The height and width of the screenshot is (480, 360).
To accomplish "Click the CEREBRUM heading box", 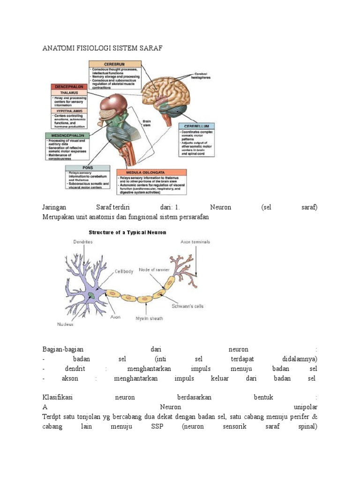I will point(115,64).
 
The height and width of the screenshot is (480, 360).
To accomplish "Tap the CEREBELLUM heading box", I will point(196,126).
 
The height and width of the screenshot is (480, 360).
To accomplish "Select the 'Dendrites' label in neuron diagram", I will point(83,242).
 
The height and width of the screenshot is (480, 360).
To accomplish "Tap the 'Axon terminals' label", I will point(195,242).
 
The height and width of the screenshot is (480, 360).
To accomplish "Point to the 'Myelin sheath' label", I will point(150,318).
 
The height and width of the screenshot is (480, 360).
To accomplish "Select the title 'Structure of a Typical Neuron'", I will point(127,232).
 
